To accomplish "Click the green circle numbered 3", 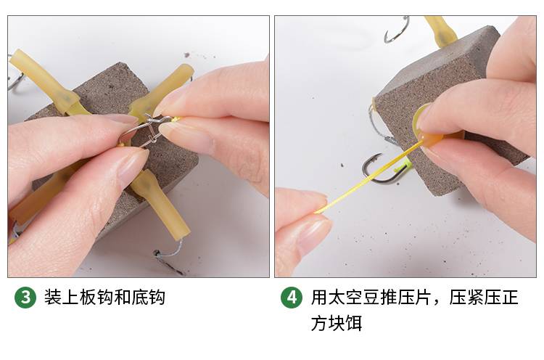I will (25, 298).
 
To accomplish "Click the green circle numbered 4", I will (292, 298).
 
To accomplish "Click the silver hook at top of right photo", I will (396, 31).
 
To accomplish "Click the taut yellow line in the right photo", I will (363, 182).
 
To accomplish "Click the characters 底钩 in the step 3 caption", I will (148, 298).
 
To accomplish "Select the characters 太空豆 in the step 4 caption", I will (353, 298).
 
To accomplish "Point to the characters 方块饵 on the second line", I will (336, 323).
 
